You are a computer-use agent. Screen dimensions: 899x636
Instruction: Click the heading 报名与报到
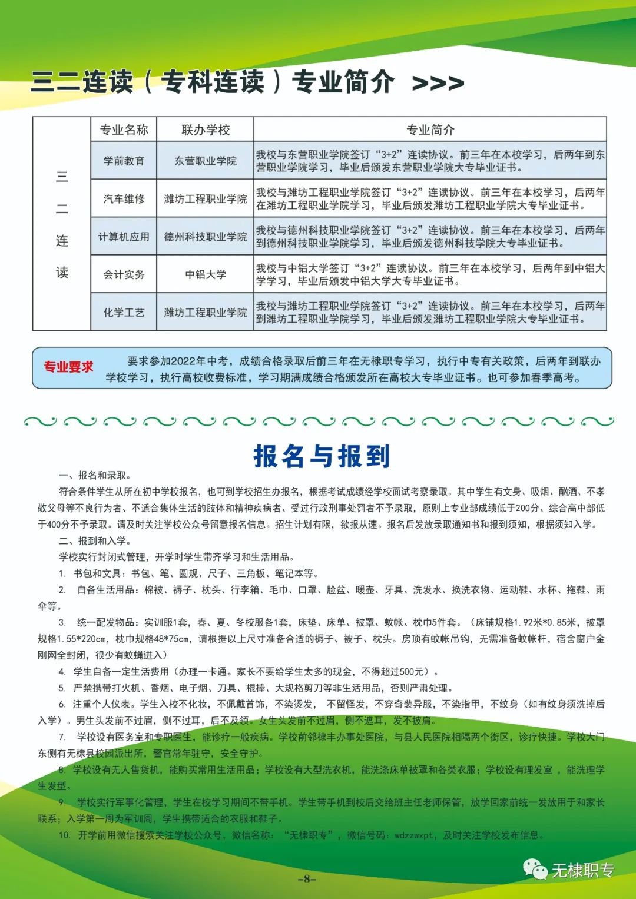click(x=322, y=456)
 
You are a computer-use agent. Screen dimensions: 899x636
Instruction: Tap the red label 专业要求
click(x=68, y=367)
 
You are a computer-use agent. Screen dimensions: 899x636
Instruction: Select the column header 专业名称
click(x=124, y=130)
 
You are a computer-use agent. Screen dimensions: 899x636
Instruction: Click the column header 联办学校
click(x=206, y=130)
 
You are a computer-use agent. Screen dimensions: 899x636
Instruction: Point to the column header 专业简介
click(x=430, y=130)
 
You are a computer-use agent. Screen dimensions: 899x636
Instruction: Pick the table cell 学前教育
click(x=124, y=161)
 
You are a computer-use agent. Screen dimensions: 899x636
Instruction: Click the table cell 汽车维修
click(x=124, y=199)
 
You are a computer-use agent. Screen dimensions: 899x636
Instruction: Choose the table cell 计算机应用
click(x=124, y=237)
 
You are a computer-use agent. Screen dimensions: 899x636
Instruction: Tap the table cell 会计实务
click(x=124, y=274)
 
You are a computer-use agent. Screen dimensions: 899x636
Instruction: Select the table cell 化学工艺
click(x=124, y=313)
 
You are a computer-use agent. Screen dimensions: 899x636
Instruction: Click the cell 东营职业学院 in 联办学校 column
click(x=206, y=161)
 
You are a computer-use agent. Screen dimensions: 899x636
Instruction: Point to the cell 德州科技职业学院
click(x=206, y=237)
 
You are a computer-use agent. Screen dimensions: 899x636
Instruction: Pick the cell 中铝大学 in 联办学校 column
click(x=206, y=274)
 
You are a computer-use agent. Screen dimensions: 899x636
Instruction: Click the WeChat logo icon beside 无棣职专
click(x=535, y=869)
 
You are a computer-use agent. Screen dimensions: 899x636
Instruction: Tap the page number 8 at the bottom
click(x=306, y=879)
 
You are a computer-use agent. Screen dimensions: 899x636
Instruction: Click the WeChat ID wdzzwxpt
click(x=414, y=835)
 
